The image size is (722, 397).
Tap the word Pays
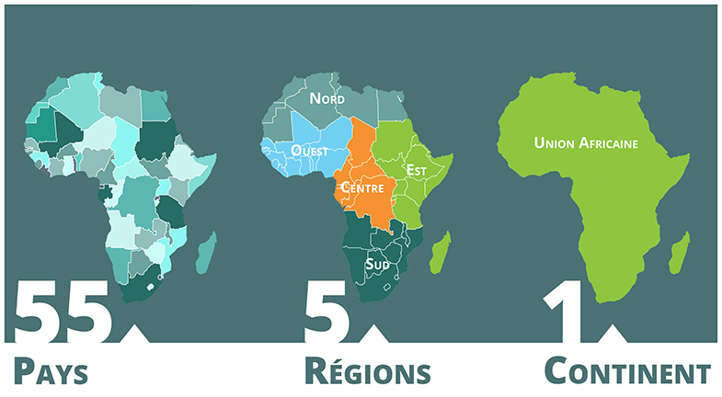pyautogui.click(x=51, y=373)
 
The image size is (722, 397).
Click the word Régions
pyautogui.click(x=367, y=372)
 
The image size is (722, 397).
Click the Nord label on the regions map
pyautogui.click(x=327, y=98)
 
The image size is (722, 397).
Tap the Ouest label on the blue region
pyautogui.click(x=309, y=151)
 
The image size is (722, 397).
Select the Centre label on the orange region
pyautogui.click(x=362, y=187)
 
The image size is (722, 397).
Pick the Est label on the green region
pyautogui.click(x=417, y=170)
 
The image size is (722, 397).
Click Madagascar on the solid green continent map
pyautogui.click(x=679, y=254)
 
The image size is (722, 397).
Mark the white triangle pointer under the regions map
pyautogui.click(x=374, y=334)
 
